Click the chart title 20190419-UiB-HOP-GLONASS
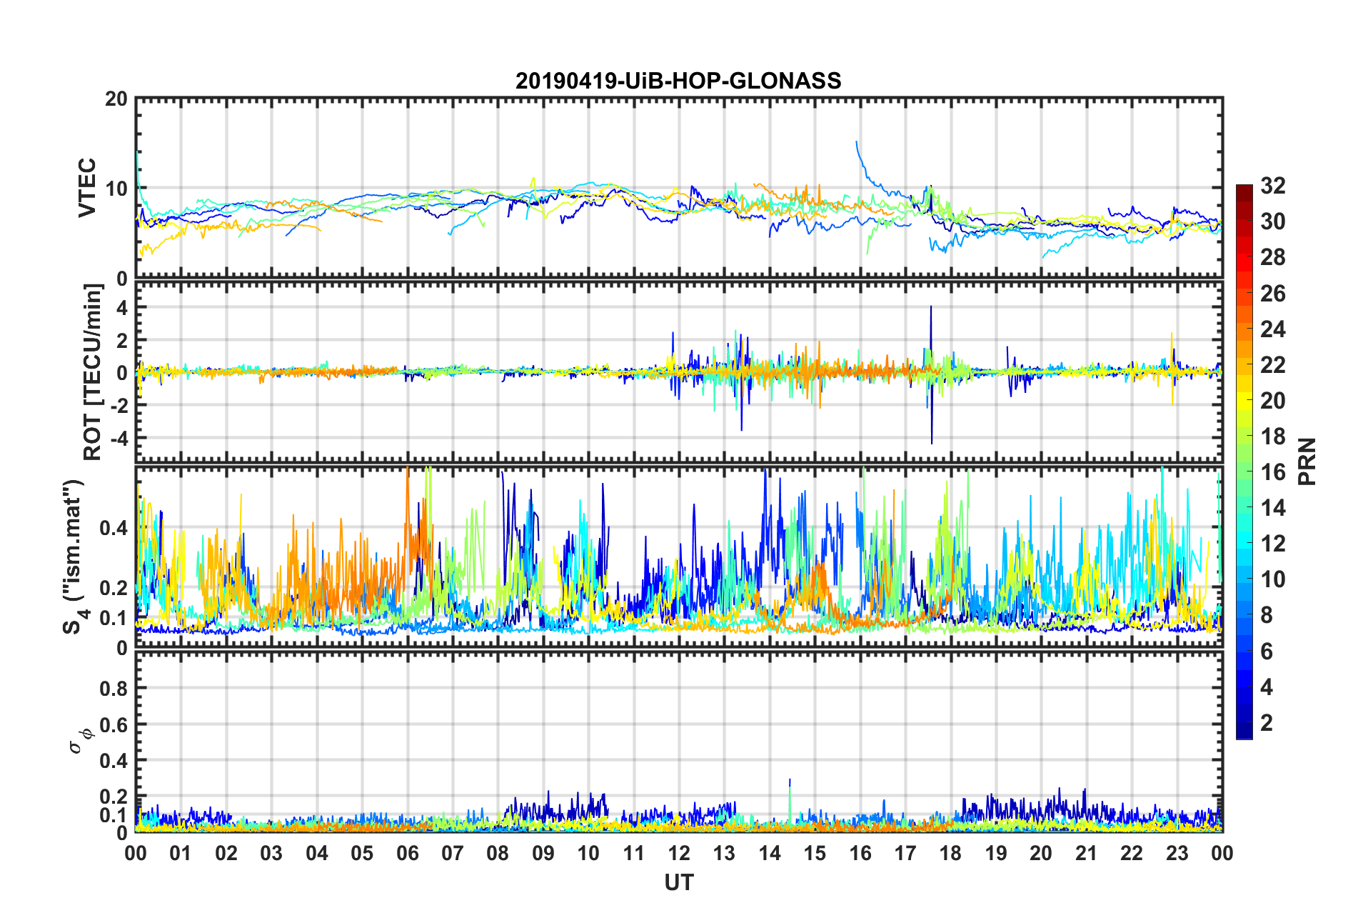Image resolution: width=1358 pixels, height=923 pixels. (x=678, y=81)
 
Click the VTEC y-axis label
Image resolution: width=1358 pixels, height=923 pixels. (x=87, y=188)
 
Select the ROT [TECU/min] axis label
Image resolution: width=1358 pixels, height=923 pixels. (x=93, y=371)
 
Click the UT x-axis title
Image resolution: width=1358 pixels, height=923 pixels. (x=678, y=883)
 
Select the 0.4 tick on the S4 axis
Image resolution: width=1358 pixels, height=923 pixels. (x=114, y=528)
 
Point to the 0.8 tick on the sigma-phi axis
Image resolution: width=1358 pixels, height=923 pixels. (x=114, y=689)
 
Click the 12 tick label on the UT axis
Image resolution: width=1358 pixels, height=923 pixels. (x=679, y=853)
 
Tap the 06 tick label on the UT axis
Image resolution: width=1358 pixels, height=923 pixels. (x=408, y=853)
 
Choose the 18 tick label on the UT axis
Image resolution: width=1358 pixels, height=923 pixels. (x=950, y=853)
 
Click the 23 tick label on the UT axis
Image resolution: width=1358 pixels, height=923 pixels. (x=1177, y=853)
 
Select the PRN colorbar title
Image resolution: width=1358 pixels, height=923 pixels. (x=1307, y=461)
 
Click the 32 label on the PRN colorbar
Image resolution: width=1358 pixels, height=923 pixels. (x=1272, y=186)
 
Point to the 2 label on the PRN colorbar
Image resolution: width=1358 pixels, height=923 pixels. (x=1267, y=723)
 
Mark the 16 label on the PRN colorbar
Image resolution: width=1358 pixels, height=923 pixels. (x=1272, y=472)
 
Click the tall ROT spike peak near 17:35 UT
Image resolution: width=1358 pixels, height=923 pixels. (x=931, y=307)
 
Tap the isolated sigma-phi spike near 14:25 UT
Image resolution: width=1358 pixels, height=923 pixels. (x=790, y=781)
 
